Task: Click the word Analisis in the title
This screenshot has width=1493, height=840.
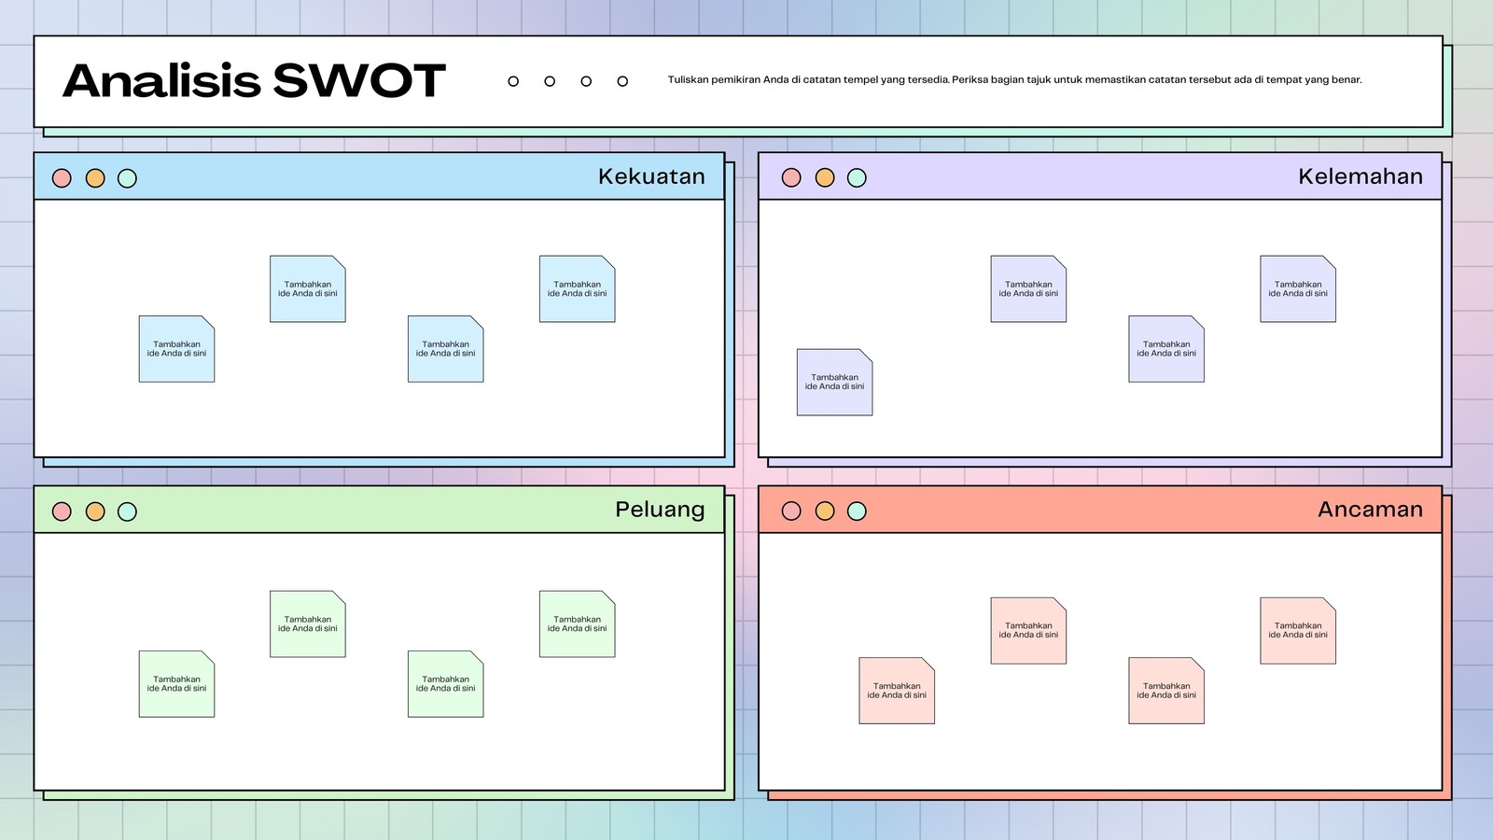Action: tap(162, 80)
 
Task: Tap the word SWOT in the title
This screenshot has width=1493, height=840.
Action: tap(359, 80)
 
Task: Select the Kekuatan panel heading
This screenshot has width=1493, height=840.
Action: tap(651, 176)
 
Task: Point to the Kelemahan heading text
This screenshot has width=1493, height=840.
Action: tap(1360, 176)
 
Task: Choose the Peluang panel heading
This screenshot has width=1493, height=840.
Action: tap(660, 510)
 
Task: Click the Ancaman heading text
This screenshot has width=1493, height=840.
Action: tap(1371, 510)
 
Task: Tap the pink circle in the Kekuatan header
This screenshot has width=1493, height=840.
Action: tap(62, 178)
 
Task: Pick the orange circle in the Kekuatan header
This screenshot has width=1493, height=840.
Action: tap(95, 178)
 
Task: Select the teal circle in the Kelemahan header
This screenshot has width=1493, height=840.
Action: tap(857, 178)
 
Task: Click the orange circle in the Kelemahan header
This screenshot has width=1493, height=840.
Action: tap(825, 178)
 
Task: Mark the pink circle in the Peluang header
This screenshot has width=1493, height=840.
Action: tap(62, 511)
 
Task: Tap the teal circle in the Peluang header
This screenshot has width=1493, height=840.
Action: tap(127, 511)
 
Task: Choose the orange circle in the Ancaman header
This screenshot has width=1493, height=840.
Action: tap(825, 511)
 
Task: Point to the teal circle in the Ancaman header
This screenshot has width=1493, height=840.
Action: tap(857, 511)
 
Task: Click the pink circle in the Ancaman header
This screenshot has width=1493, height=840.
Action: tap(791, 511)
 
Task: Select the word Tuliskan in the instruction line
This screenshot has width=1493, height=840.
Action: tap(688, 80)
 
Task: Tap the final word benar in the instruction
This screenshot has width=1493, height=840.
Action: tap(1346, 80)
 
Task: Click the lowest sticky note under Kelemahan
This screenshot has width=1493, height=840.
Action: tap(834, 382)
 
